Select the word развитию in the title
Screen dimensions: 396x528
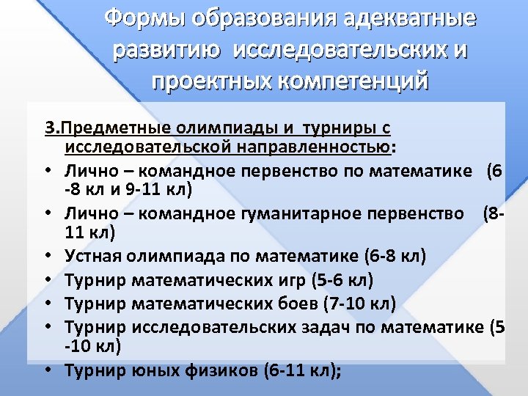coord(161,51)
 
